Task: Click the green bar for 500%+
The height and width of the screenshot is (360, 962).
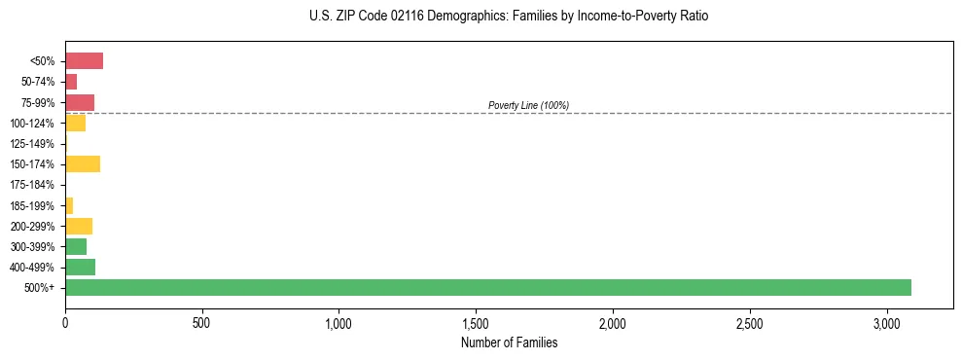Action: pyautogui.click(x=487, y=287)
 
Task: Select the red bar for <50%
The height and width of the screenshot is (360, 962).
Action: pyautogui.click(x=84, y=61)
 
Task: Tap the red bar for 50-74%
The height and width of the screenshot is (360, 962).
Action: pyautogui.click(x=71, y=82)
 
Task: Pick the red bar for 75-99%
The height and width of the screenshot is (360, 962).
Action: pyautogui.click(x=80, y=102)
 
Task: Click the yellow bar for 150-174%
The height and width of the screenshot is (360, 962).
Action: pyautogui.click(x=83, y=163)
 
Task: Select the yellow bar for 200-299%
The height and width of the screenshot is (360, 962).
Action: pyautogui.click(x=79, y=226)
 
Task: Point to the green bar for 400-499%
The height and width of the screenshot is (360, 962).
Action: pyautogui.click(x=80, y=267)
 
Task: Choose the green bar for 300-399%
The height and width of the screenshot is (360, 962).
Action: pyautogui.click(x=76, y=246)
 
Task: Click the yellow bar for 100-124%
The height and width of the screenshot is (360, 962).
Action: pyautogui.click(x=75, y=123)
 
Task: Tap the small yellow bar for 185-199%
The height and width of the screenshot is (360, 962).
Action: pyautogui.click(x=69, y=205)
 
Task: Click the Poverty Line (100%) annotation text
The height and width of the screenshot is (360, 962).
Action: pyautogui.click(x=528, y=105)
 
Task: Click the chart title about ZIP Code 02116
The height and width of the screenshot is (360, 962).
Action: pyautogui.click(x=509, y=17)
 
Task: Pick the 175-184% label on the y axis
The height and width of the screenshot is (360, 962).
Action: pyautogui.click(x=32, y=185)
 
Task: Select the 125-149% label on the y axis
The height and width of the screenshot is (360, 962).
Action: pyautogui.click(x=32, y=144)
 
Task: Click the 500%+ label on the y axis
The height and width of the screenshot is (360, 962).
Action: pyautogui.click(x=41, y=288)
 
